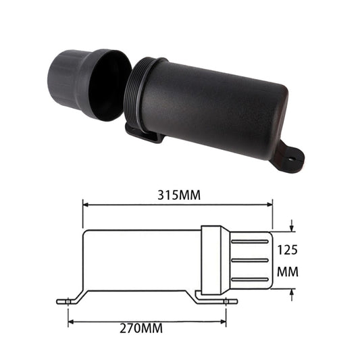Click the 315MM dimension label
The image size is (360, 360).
point(178,195)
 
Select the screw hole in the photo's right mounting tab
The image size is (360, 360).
point(292,160)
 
